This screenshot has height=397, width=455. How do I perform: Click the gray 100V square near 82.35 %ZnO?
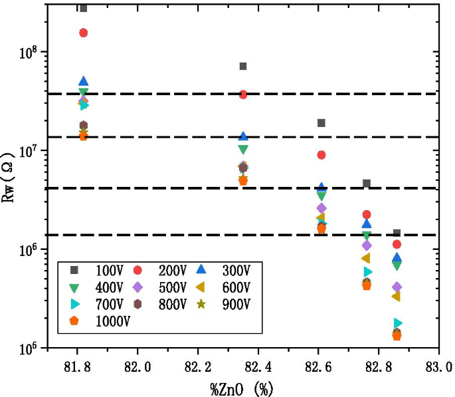click(x=243, y=66)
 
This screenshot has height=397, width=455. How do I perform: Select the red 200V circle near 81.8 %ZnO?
click(x=84, y=33)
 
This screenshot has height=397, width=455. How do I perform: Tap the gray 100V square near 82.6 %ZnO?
click(x=321, y=123)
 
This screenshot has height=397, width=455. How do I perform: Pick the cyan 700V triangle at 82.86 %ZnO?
click(x=398, y=323)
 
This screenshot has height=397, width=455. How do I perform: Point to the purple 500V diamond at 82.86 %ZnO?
click(x=397, y=287)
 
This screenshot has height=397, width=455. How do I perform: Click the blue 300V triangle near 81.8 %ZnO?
click(x=84, y=82)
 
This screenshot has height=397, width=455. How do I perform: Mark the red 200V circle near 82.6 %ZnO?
click(x=321, y=155)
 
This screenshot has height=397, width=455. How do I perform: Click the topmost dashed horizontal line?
click(x=266, y=94)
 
